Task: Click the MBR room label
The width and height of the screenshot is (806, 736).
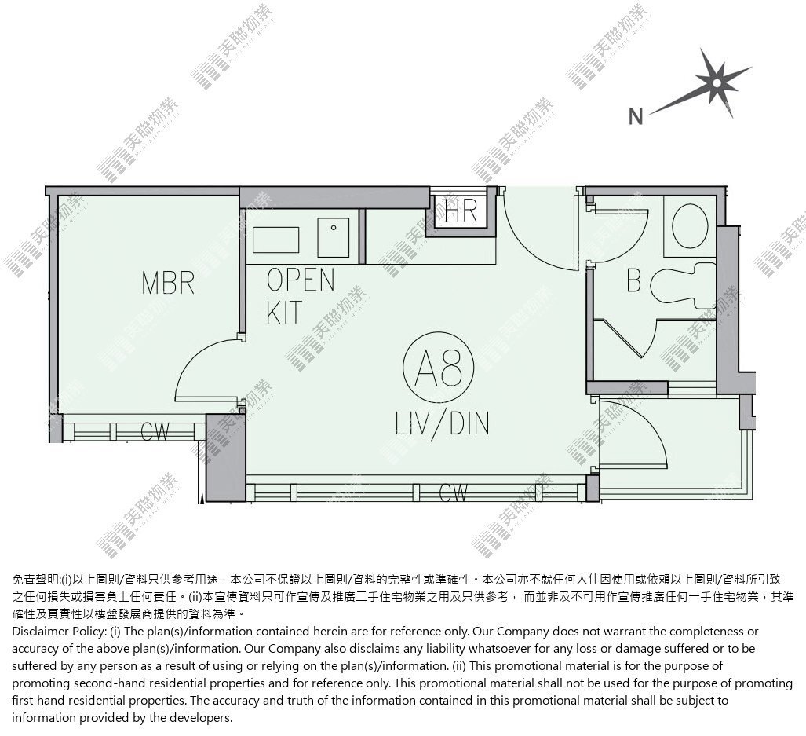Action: pos(168,283)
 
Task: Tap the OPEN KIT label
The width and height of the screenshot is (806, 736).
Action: pos(301,296)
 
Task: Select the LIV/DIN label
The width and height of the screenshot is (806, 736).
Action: pos(442,424)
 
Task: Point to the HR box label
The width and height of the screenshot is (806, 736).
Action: pos(461,210)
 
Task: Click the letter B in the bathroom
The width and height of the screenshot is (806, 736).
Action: pos(634,280)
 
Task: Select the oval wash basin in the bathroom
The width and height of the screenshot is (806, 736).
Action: pos(690,225)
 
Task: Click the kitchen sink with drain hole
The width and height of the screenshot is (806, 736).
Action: pos(333,238)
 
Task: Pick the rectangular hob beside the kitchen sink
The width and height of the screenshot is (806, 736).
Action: pos(276,240)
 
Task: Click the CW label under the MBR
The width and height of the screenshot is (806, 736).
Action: pos(154,431)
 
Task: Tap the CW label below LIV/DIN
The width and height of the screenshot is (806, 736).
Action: pos(454,492)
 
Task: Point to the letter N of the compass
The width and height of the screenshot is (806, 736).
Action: pos(636,116)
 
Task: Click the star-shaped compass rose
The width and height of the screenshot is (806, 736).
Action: pos(716,82)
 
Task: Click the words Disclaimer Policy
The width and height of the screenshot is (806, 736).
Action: pos(59,631)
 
